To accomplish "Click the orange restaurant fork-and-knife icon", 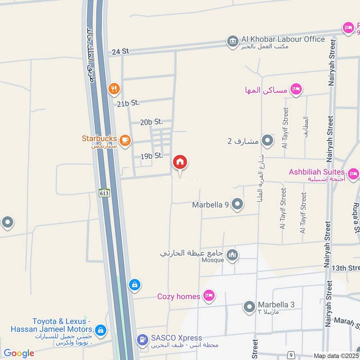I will click(x=114, y=89).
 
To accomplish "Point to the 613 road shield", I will click(x=105, y=193).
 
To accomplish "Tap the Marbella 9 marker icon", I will click(x=238, y=205).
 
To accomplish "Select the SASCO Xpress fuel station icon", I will click(x=142, y=340).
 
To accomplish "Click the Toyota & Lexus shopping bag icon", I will click(x=101, y=331).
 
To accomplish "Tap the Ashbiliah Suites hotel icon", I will click(x=353, y=173).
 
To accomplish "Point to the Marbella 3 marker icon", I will click(x=249, y=307).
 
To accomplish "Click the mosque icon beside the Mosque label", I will click(x=232, y=255).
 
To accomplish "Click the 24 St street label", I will click(x=121, y=51).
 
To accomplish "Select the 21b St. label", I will click(x=128, y=103).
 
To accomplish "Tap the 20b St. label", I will click(x=151, y=122).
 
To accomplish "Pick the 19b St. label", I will click(x=152, y=156).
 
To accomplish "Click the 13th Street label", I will click(x=345, y=268).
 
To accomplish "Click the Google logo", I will click(x=19, y=353).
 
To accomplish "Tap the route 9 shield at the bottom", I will click(x=292, y=355).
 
